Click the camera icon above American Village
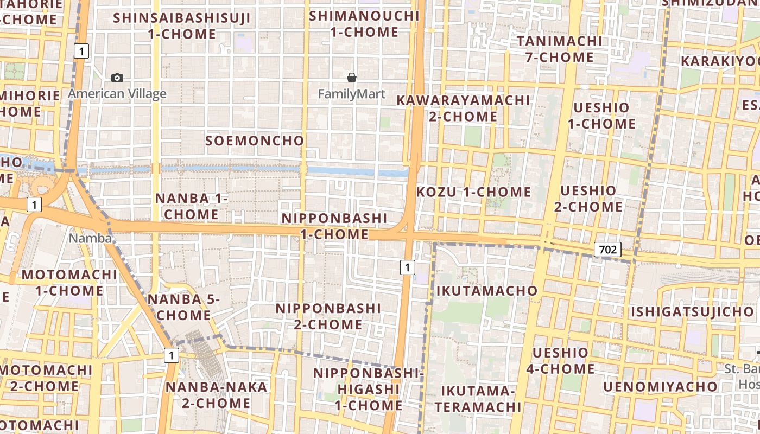[x=117, y=78]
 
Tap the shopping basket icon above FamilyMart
[x=352, y=78]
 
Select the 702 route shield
[x=607, y=250]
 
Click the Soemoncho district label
[x=255, y=141]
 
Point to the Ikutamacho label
[x=487, y=291]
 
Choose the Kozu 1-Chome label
[x=473, y=192]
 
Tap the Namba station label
[x=90, y=238]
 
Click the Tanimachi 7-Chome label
[x=559, y=49]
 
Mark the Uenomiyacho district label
[x=660, y=387]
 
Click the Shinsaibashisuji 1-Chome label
[x=182, y=25]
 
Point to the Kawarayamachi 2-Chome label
[x=463, y=108]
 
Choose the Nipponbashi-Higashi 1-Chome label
[x=368, y=389]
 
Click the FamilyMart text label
[x=351, y=94]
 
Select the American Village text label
[x=117, y=94]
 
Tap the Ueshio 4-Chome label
[x=560, y=361]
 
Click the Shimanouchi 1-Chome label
[x=364, y=24]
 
